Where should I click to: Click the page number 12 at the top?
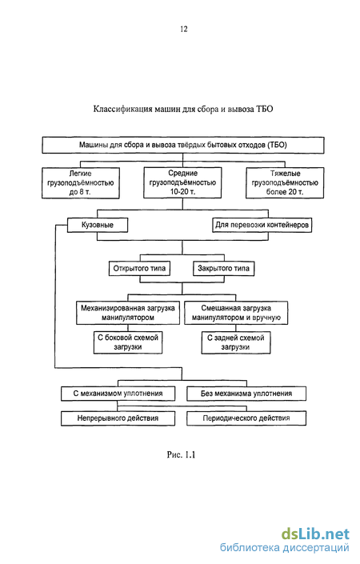click(184, 29)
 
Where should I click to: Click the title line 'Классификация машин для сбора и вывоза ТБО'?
click(183, 109)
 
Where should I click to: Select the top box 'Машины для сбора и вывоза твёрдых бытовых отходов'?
click(183, 145)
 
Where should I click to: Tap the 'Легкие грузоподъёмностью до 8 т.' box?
click(81, 182)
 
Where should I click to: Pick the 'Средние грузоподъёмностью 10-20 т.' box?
click(182, 182)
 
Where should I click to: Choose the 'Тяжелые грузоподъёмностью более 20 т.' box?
click(285, 182)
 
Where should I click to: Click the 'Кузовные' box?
click(98, 225)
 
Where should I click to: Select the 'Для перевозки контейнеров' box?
click(262, 225)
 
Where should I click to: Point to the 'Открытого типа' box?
click(139, 268)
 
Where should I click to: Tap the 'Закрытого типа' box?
click(223, 268)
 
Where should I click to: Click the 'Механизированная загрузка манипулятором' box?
click(128, 313)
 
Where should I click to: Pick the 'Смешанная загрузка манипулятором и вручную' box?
click(236, 313)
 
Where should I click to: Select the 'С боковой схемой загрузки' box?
click(128, 342)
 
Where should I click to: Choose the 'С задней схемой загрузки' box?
click(236, 342)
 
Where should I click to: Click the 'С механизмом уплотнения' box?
click(118, 394)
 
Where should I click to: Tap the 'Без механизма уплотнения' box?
click(246, 394)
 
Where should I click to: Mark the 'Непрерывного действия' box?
click(118, 418)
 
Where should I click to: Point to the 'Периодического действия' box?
click(246, 418)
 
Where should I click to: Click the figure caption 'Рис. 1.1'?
click(181, 454)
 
